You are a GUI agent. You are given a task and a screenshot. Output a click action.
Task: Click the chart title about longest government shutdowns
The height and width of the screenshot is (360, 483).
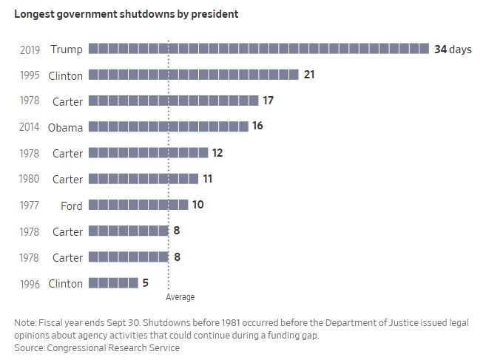pos(126,14)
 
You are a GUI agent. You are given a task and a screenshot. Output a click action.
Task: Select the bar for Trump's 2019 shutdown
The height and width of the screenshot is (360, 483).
pos(259,49)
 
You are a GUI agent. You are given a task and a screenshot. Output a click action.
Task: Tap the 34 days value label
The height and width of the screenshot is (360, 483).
pos(453,50)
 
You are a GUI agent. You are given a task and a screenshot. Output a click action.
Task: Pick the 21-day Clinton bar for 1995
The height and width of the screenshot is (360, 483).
pos(194,75)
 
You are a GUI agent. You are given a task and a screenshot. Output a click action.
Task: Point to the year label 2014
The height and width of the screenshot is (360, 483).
pos(30,127)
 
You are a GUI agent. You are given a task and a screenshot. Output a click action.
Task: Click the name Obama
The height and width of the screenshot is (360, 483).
pos(65,127)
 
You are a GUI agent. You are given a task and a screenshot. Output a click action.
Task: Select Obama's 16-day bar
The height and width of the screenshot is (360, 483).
pos(169,126)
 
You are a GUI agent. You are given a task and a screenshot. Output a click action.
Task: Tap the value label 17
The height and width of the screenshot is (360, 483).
pos(268,101)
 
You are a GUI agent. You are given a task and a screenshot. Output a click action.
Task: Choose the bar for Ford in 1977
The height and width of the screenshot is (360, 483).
pos(138,205)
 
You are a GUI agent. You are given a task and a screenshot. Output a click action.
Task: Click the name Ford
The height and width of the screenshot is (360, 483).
pos(72,206)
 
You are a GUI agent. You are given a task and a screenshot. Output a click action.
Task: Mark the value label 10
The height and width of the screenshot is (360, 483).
pos(198,205)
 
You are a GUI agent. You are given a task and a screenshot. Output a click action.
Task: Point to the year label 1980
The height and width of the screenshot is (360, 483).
pos(30,179)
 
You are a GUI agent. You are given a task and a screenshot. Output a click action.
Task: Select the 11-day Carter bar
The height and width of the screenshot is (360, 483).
pos(143,179)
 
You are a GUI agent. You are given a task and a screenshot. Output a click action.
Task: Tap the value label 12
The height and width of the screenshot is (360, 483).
pos(217,153)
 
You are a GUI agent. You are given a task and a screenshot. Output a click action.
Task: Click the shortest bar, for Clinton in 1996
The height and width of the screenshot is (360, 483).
pos(113,283)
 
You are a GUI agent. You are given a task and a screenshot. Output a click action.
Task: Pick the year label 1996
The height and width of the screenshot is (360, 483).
pos(30,284)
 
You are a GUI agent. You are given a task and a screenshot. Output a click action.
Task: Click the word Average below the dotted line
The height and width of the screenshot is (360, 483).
pos(180,297)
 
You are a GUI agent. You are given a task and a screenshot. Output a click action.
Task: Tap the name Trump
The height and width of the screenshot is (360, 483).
pos(67,50)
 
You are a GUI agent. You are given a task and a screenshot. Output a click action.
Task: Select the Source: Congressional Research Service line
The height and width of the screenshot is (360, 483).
pos(97,347)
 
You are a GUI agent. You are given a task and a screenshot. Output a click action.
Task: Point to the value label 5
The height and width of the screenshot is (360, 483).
pos(146,282)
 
